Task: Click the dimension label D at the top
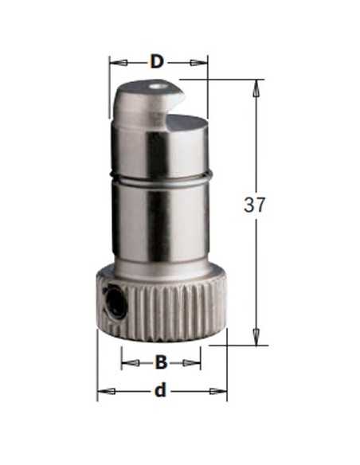(x=157, y=62)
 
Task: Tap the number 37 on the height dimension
(x=254, y=205)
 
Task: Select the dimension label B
(x=161, y=362)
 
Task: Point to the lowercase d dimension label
(x=160, y=391)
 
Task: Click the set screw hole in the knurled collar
(x=116, y=306)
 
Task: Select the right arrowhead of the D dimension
(x=198, y=63)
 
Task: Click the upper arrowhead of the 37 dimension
(x=256, y=88)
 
